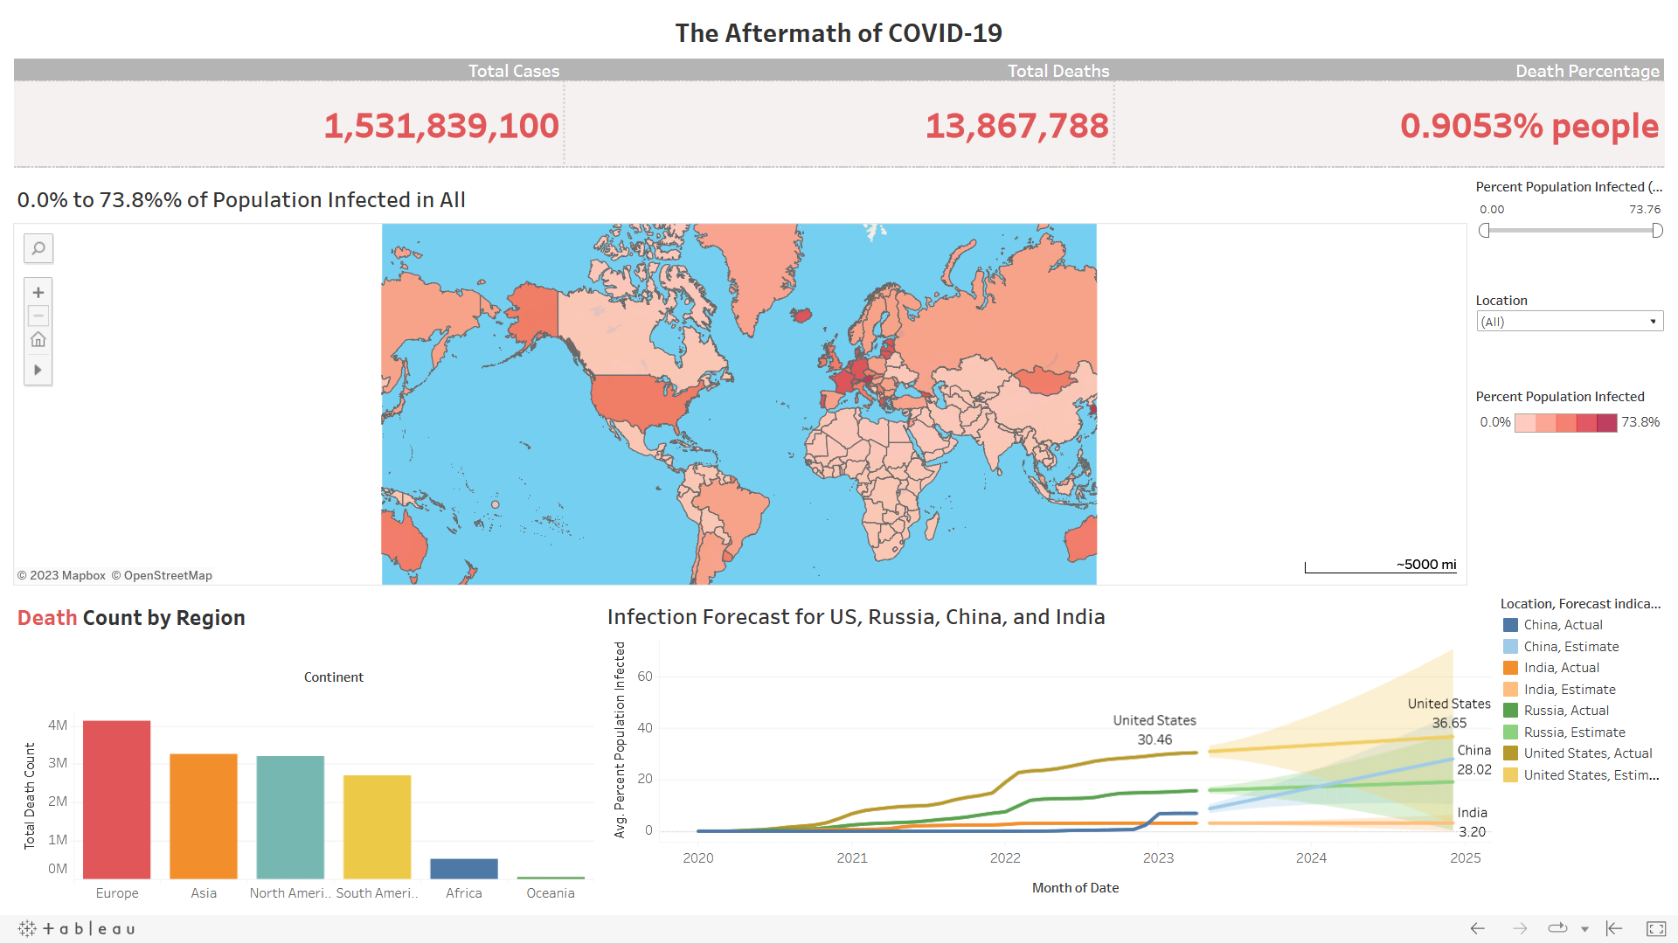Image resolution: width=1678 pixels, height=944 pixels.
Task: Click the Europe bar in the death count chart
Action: pos(117,799)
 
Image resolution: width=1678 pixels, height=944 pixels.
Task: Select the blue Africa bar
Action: pos(464,868)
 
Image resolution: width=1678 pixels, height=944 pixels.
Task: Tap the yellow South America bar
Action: pos(377,826)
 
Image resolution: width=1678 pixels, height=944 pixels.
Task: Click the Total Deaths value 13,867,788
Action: pos(1016,126)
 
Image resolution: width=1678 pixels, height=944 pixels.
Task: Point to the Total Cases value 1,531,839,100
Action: pos(441,126)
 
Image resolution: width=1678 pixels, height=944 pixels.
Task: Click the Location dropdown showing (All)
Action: pos(1569,322)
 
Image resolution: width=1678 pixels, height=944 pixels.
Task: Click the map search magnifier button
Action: pos(38,249)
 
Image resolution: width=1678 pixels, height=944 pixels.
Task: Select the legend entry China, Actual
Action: pos(1563,625)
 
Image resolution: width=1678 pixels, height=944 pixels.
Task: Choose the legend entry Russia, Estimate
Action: pos(1574,732)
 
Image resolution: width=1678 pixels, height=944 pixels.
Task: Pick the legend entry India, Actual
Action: pos(1561,668)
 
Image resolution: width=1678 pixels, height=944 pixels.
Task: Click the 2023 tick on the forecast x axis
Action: pos(1158,858)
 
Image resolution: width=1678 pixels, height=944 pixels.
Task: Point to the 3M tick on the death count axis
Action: pos(58,763)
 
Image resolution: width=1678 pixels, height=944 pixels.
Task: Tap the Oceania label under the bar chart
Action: pos(551,893)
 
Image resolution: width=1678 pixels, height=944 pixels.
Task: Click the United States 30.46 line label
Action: pos(1154,730)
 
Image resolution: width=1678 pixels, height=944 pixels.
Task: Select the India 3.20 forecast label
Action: pos(1472,823)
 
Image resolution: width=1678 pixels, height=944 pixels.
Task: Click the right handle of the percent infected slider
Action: pos(1657,231)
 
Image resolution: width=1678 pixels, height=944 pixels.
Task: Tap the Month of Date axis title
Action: pos(1075,888)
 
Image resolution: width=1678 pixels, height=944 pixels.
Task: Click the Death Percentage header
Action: pos(1587,71)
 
